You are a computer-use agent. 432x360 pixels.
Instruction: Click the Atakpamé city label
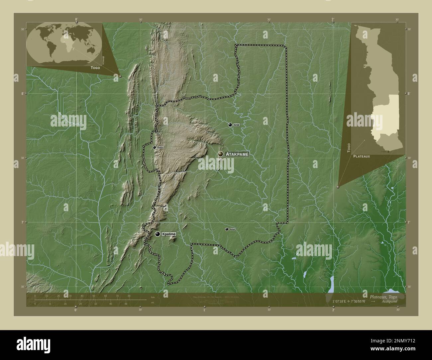click(237, 154)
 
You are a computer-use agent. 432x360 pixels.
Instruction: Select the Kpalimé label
click(169, 234)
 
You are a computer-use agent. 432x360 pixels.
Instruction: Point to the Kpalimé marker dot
click(158, 234)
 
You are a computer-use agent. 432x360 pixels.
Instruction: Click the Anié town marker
click(230, 125)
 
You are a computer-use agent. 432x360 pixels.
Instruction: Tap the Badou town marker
click(154, 147)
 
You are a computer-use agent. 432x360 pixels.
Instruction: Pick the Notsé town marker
click(227, 229)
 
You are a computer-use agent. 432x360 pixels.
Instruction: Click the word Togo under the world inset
click(95, 67)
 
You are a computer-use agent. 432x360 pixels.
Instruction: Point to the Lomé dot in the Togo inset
click(388, 151)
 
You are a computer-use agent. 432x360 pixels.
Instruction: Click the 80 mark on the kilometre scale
click(129, 296)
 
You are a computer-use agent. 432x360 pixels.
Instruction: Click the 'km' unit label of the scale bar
click(153, 297)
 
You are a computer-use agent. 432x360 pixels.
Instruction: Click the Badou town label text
click(161, 147)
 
